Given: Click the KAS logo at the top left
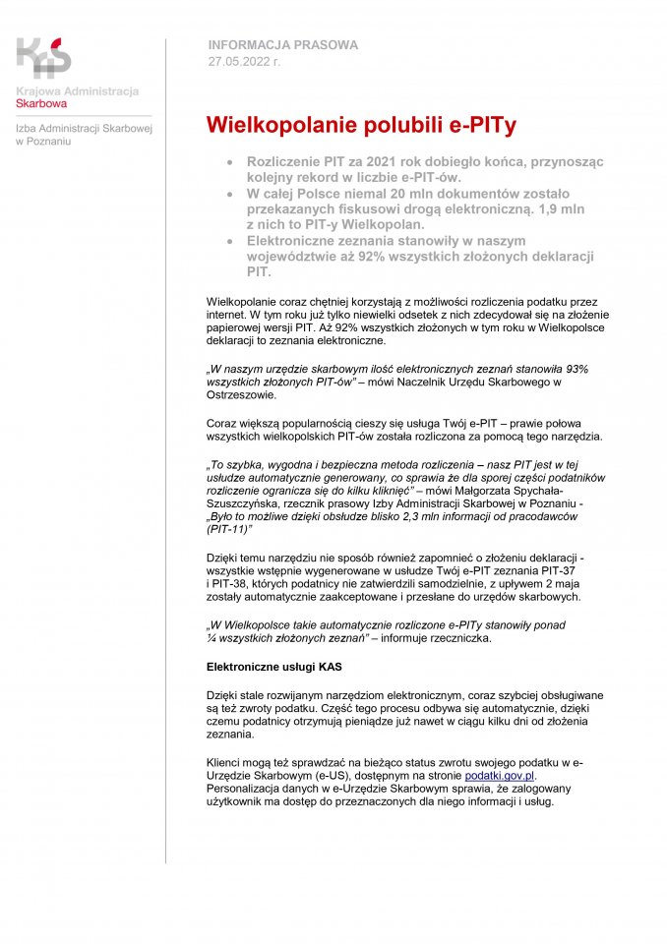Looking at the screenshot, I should coord(44,57).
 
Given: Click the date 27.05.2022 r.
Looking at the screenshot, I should coord(244,62).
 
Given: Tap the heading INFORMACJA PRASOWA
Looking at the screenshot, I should coord(283,45).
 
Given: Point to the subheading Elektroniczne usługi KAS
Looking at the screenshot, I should coord(273,667).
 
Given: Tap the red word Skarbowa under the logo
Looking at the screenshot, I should coord(41,102).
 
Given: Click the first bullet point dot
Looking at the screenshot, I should coord(229,161).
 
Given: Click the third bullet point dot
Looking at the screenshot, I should coord(229,241).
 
